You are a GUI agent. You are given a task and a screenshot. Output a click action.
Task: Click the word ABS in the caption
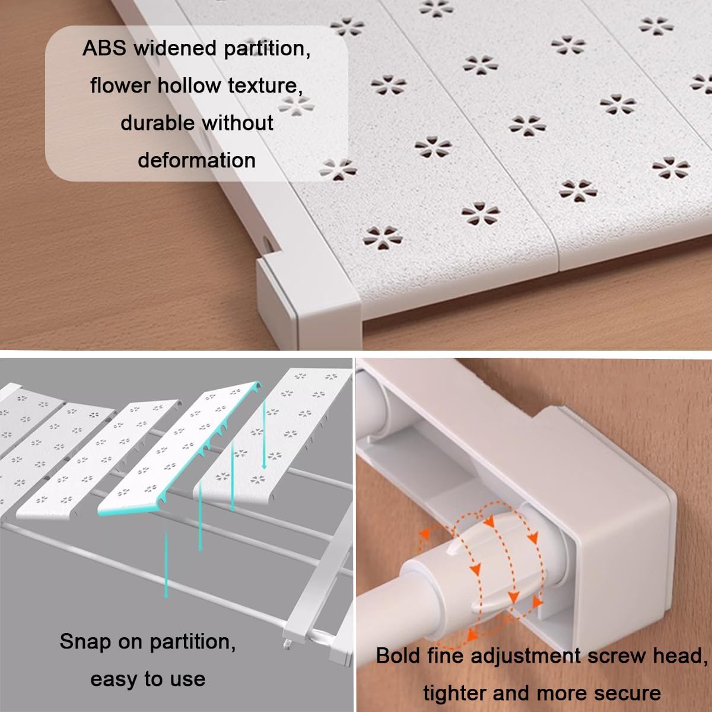[104, 48]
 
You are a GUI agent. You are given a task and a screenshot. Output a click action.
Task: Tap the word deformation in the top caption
[196, 160]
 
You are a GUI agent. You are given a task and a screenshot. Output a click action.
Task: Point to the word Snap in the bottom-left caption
[85, 642]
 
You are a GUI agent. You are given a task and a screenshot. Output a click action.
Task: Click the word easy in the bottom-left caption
[113, 679]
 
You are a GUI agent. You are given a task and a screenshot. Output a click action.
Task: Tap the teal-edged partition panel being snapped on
[179, 449]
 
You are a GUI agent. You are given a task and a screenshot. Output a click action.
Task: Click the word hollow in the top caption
[189, 85]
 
